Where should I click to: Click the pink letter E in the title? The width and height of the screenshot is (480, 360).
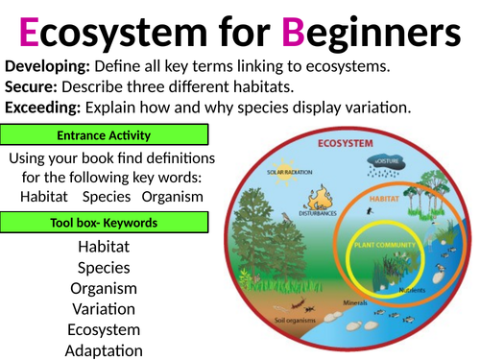(30, 35)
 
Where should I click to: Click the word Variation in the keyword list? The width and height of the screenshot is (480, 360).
(105, 308)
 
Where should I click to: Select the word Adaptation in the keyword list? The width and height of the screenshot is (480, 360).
(105, 349)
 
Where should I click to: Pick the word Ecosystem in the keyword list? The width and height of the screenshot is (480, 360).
(105, 329)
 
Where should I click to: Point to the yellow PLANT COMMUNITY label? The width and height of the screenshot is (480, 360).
(384, 246)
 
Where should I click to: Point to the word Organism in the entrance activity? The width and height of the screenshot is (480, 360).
(172, 196)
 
